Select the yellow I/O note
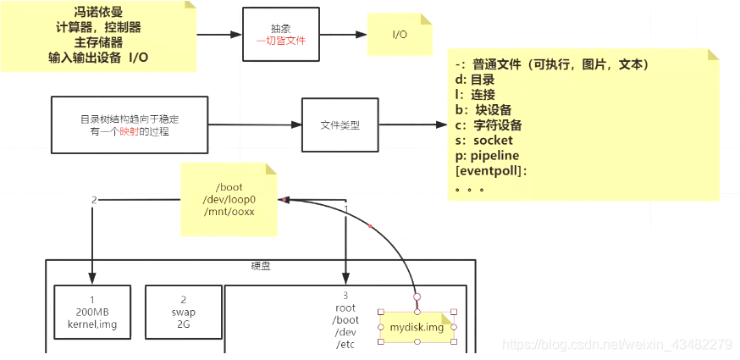(400, 35)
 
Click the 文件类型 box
(340, 125)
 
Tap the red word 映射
(128, 131)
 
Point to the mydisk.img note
(417, 327)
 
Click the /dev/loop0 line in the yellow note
(229, 198)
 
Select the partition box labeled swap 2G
(179, 312)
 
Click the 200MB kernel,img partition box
(91, 312)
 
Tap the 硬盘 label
(261, 266)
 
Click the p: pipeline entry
(487, 156)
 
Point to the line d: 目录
(474, 80)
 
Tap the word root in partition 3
(345, 308)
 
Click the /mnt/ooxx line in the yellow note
(229, 211)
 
